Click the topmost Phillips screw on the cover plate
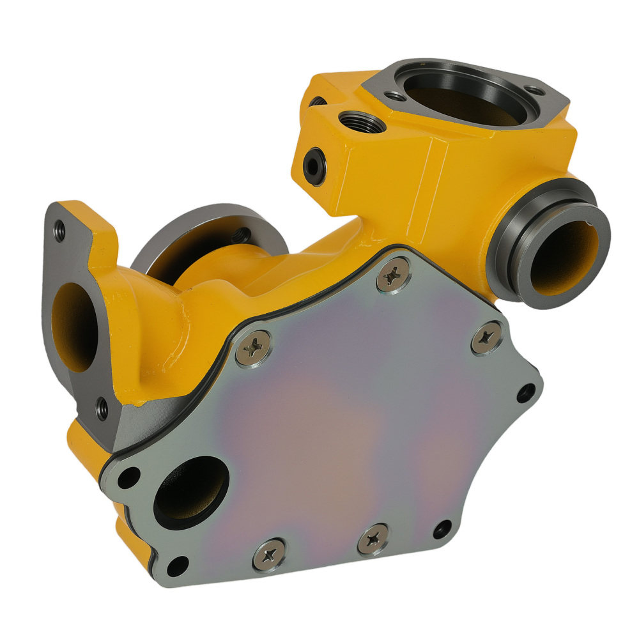393,275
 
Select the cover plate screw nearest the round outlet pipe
487,337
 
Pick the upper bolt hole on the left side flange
59,229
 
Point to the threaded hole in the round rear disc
243,235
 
